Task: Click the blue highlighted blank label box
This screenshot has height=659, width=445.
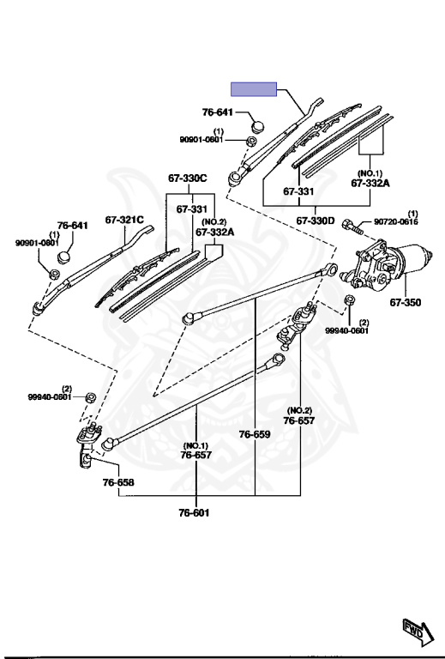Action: [x=254, y=89]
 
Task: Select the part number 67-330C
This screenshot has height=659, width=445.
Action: [x=188, y=178]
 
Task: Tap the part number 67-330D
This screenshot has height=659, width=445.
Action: [x=316, y=221]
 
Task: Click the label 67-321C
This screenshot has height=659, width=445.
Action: [x=124, y=220]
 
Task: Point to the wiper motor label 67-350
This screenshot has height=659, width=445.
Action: [x=405, y=302]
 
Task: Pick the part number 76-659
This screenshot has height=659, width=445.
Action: [x=255, y=434]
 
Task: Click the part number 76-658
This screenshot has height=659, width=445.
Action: [x=118, y=482]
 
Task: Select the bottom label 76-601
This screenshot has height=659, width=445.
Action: [x=194, y=513]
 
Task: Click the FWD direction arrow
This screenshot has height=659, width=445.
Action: [x=418, y=632]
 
